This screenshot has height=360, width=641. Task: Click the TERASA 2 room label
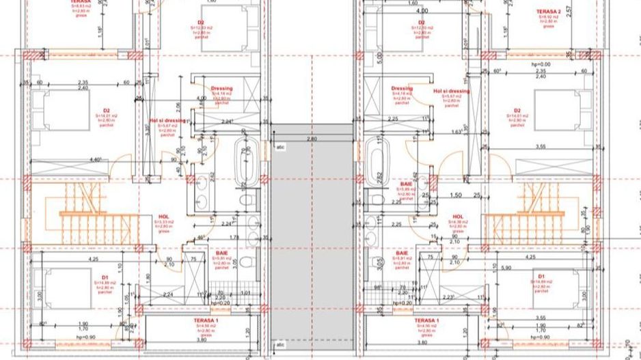(x=549, y=12)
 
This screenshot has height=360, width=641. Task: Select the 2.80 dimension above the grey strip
(x=312, y=139)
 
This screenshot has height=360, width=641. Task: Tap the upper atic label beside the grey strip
(x=280, y=146)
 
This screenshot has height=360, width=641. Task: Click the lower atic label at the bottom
(x=280, y=344)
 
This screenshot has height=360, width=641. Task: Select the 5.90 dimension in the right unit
(x=506, y=267)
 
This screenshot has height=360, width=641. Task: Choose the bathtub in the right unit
(x=375, y=161)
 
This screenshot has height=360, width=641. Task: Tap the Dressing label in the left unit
(x=221, y=88)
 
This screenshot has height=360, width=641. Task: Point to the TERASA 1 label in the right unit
(x=426, y=320)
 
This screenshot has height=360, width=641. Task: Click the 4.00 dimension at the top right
(x=422, y=11)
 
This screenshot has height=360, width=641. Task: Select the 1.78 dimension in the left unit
(x=233, y=237)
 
